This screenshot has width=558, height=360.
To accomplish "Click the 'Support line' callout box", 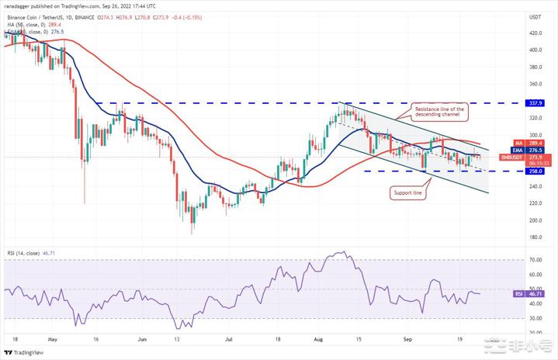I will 407,192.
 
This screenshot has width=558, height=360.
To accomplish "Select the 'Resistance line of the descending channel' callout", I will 438,112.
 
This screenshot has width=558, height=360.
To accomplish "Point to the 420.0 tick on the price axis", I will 535,33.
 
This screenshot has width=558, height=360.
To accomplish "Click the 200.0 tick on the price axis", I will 535,220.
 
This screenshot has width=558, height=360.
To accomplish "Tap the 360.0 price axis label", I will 535,85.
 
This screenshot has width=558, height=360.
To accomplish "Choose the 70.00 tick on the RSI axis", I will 535,260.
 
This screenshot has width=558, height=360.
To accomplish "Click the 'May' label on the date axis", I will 53,338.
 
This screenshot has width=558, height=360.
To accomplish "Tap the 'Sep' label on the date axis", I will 407,338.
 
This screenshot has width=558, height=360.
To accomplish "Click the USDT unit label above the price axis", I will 535,16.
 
